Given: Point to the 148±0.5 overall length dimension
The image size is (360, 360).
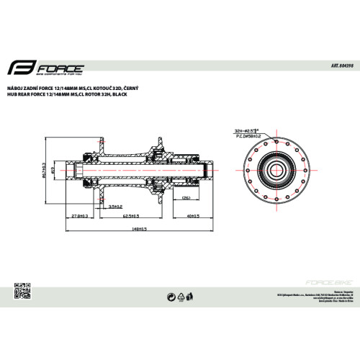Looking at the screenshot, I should (x=140, y=229).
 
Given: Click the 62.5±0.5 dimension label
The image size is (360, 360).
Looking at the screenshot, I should (x=130, y=215).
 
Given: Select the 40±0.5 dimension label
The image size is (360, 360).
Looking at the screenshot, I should (x=192, y=215).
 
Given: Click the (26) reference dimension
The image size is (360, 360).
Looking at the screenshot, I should (x=184, y=197).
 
